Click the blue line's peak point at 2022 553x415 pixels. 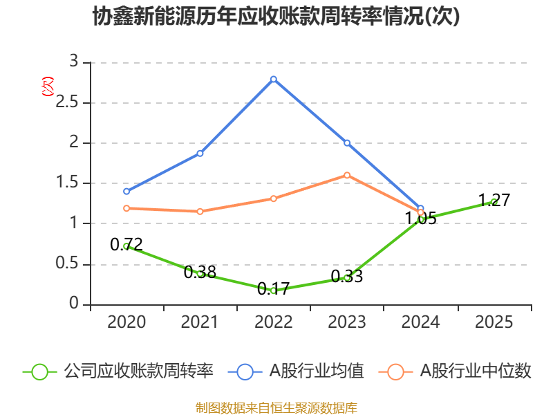point(274,79)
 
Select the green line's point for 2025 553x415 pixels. point(494,201)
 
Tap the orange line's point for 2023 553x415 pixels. point(347,175)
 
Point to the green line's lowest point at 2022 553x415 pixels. point(274,290)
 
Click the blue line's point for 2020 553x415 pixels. point(126,192)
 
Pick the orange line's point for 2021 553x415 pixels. point(200,211)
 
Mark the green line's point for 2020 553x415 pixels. point(126,246)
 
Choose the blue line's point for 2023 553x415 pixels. point(347,143)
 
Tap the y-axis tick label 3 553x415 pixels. point(74,62)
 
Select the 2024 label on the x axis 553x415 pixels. point(420,322)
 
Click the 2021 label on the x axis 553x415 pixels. point(200,322)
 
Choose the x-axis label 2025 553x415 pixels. point(494,322)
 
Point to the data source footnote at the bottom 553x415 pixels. point(276,407)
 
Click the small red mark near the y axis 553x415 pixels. point(48,86)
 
